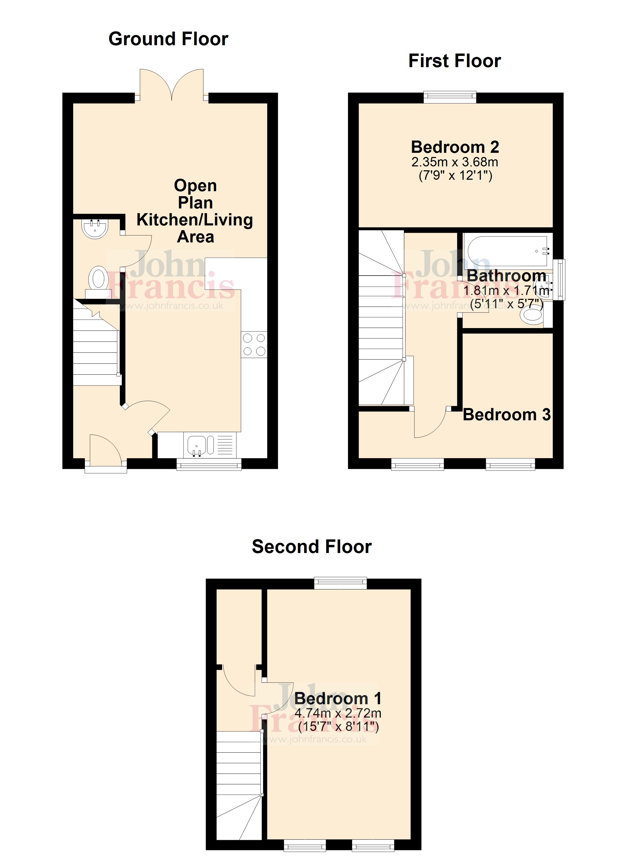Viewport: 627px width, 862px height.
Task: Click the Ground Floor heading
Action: point(169,39)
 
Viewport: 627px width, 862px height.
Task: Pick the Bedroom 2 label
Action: point(455,147)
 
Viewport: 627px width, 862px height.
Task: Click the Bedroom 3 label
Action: point(507,415)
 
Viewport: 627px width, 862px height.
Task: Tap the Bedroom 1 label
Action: point(338,698)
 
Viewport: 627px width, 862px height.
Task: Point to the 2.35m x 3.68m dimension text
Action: point(455,162)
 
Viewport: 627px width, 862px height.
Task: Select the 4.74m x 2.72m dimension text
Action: point(338,713)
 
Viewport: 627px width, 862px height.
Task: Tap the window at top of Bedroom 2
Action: point(450,97)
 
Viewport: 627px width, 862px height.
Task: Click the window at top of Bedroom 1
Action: point(340,583)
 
